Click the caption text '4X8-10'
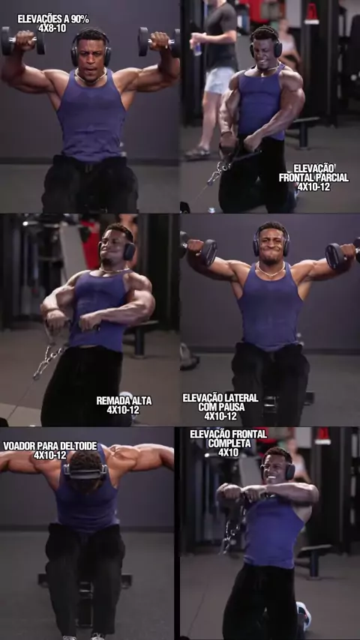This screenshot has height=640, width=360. pyautogui.click(x=52, y=28)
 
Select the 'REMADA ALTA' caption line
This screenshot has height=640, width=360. pyautogui.click(x=124, y=401)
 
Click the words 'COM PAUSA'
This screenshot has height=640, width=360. pyautogui.click(x=221, y=407)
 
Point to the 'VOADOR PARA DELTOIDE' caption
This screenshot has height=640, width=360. pyautogui.click(x=49, y=446)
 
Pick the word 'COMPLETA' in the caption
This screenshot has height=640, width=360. pyautogui.click(x=229, y=443)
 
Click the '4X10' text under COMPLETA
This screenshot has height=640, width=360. pyautogui.click(x=229, y=452)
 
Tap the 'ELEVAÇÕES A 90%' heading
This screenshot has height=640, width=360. pyautogui.click(x=52, y=19)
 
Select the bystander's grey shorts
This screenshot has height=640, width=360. pyautogui.click(x=220, y=80)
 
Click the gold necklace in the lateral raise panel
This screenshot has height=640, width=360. pyautogui.click(x=270, y=271)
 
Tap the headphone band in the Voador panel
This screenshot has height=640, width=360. pyautogui.click(x=85, y=474)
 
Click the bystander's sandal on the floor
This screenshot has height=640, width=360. pyautogui.click(x=197, y=153)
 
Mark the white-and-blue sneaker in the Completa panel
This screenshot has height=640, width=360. pyautogui.click(x=304, y=615)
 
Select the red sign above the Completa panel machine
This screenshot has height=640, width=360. pyautogui.click(x=322, y=435)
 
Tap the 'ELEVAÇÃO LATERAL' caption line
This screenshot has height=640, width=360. pyautogui.click(x=220, y=397)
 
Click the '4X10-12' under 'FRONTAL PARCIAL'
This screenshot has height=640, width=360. pyautogui.click(x=313, y=187)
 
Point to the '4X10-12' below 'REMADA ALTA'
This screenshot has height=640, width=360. pyautogui.click(x=123, y=410)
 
